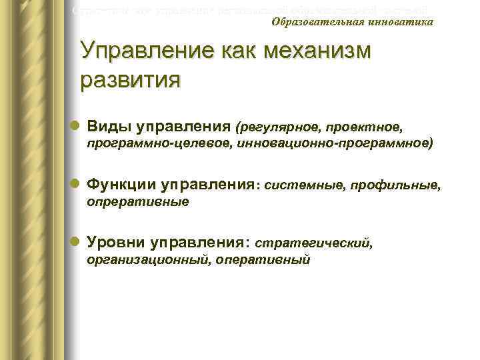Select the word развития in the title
130,80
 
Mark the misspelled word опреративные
138,201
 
